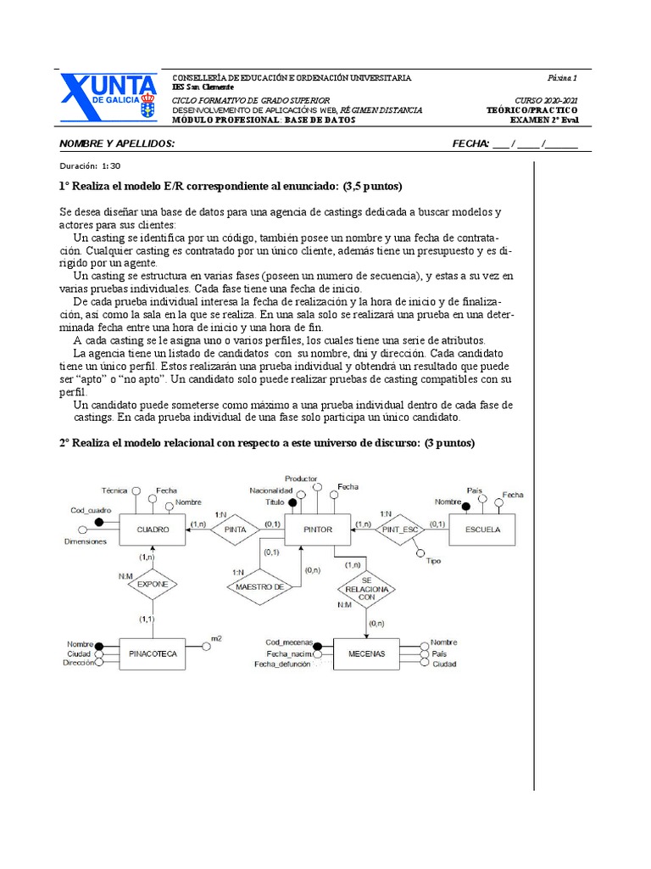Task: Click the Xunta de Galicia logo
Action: coord(108,98)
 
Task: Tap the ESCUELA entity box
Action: coord(482,530)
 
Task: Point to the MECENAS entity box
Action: coord(366,654)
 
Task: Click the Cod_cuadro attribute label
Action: coord(91,510)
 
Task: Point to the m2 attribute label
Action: coord(217,638)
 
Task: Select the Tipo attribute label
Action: coord(434,561)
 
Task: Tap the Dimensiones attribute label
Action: coord(86,541)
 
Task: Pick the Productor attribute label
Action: coord(301,479)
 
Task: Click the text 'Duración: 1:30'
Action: coord(90,166)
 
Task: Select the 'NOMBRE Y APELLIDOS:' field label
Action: coord(117,143)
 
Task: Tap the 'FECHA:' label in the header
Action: coord(471,143)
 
